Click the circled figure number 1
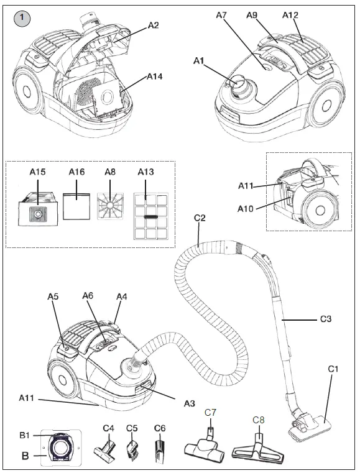[22, 19]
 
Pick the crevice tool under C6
[160, 446]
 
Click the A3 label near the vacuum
[190, 403]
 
